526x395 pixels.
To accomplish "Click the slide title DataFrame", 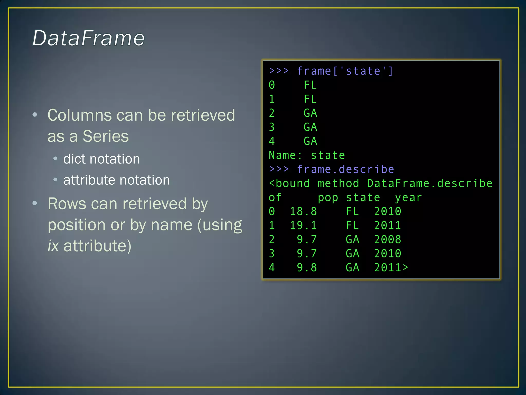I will pos(89,38).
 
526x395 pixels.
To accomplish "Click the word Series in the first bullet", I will pos(106,136).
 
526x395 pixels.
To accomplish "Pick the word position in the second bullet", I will pos(77,225).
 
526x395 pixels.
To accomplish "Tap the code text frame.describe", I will pos(345,169).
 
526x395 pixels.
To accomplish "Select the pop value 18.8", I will pos(303,211).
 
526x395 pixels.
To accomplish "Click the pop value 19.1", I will pos(303,226).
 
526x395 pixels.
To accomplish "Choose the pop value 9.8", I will pos(307,268).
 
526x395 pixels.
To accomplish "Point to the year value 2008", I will pos(387,239).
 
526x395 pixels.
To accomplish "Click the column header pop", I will pos(328,198).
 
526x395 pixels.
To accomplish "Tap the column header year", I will pos(408,198).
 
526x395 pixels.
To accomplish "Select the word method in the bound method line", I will pos(338,184).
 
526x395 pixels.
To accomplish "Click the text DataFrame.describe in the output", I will pos(429,184).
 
